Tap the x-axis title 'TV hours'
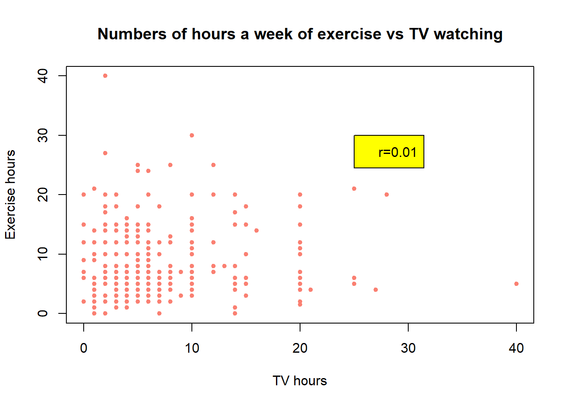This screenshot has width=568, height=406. tap(300, 381)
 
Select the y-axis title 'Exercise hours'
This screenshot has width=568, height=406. tap(11, 195)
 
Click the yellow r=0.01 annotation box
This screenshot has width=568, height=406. tap(389, 152)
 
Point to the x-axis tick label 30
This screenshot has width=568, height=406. tap(408, 348)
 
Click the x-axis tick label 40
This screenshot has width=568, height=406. tap(516, 348)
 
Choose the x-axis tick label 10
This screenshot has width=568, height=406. tap(192, 348)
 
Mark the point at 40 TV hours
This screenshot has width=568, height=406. tap(516, 284)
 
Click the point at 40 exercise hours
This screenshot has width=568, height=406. tap(105, 76)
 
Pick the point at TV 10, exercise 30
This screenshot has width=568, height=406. tap(192, 135)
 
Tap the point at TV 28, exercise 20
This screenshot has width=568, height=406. tap(387, 195)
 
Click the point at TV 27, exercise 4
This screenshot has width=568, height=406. tap(376, 290)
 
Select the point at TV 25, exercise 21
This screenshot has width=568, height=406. tap(354, 189)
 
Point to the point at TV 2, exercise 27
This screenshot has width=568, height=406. tap(105, 153)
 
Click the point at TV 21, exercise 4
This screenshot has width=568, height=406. tap(311, 290)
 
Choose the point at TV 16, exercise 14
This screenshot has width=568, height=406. tap(257, 230)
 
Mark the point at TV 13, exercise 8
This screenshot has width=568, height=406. tap(224, 266)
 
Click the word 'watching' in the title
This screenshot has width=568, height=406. tap(468, 34)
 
